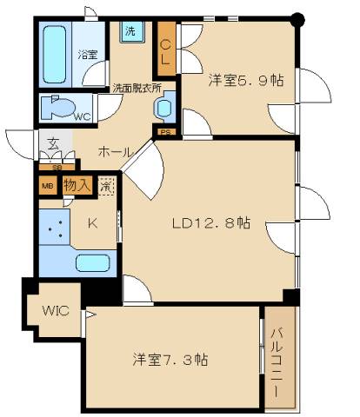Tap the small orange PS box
[164, 132]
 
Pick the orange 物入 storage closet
[77, 185]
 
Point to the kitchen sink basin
[91, 262]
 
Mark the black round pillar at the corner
[299, 19]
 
